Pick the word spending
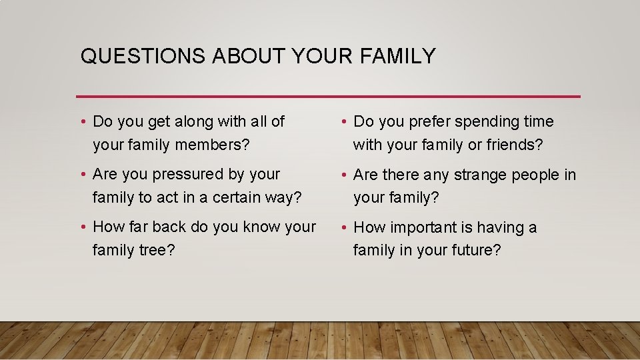click(x=482, y=122)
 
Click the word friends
click(x=513, y=145)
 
